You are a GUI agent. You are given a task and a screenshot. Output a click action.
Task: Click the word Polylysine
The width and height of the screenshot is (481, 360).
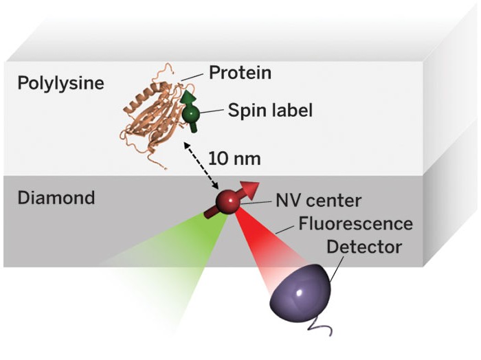pos(61,84)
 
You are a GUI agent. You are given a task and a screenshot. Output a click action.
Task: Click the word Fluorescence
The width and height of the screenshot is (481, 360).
pos(355,224)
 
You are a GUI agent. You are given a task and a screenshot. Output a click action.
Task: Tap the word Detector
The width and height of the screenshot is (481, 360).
pos(364,247)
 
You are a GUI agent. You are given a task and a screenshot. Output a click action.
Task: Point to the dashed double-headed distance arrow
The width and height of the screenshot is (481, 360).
pos(201,166)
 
